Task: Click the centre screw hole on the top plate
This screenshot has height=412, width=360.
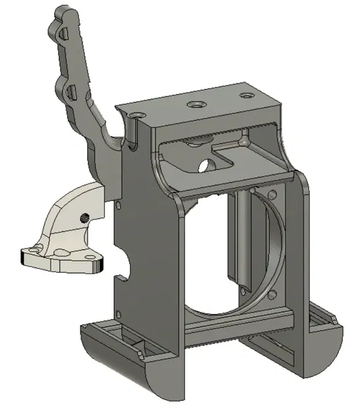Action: point(195,104)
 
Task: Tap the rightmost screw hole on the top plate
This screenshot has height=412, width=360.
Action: point(246,96)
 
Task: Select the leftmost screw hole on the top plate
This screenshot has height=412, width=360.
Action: point(136,115)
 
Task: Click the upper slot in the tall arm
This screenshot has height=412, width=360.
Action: point(63,33)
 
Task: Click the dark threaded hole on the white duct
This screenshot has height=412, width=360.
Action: point(84,218)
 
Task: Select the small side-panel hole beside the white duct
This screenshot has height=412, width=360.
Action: point(118,205)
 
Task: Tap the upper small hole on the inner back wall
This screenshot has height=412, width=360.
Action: point(272,194)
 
